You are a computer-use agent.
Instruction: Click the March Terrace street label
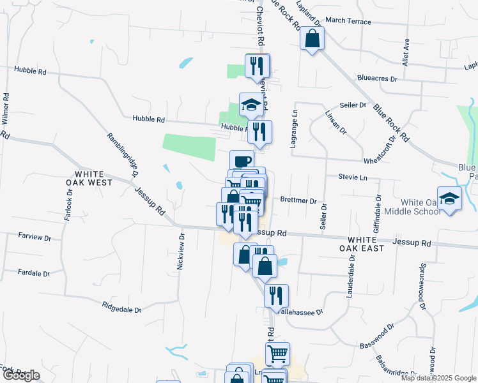click(x=348, y=21)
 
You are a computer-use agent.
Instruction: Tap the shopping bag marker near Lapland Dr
click(x=312, y=39)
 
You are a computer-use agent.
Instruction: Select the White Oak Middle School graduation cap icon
click(x=449, y=198)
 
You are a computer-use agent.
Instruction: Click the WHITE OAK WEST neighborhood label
click(x=93, y=178)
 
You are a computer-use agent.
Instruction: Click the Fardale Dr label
click(x=33, y=273)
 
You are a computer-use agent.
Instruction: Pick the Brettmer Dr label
click(x=298, y=201)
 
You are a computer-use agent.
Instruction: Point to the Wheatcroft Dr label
click(x=380, y=158)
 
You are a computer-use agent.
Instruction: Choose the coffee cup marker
click(x=242, y=161)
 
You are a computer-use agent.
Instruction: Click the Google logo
click(x=21, y=375)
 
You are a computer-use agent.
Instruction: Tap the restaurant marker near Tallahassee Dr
click(x=276, y=296)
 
